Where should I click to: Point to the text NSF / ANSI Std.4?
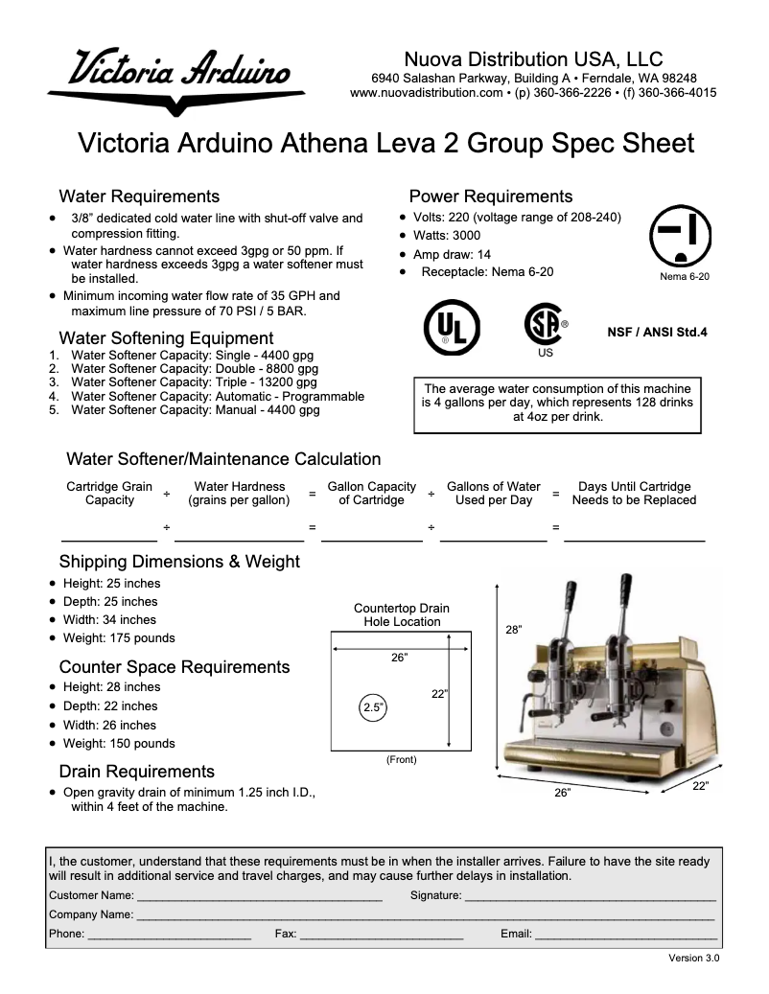click(x=657, y=333)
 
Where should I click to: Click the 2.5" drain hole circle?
click(x=372, y=708)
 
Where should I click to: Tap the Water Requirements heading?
click(x=139, y=196)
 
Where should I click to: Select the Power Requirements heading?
click(x=491, y=196)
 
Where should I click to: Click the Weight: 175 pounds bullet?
click(x=119, y=637)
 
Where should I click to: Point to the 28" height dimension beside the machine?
click(x=514, y=630)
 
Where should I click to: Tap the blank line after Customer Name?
click(x=259, y=896)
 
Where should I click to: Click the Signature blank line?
click(x=590, y=896)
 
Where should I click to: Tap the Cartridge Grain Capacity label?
click(x=109, y=493)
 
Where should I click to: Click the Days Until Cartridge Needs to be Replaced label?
click(x=634, y=493)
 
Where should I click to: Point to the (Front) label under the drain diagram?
click(x=401, y=759)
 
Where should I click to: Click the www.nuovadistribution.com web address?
click(x=427, y=93)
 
